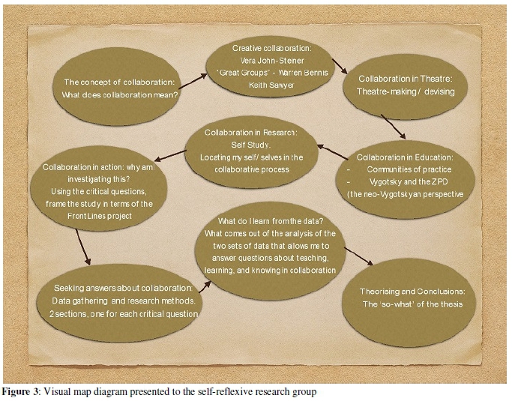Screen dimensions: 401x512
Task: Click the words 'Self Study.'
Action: [x=252, y=145]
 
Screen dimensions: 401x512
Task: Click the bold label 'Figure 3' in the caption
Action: [x=22, y=392]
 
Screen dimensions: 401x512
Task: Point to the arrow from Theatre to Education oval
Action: [x=393, y=127]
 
